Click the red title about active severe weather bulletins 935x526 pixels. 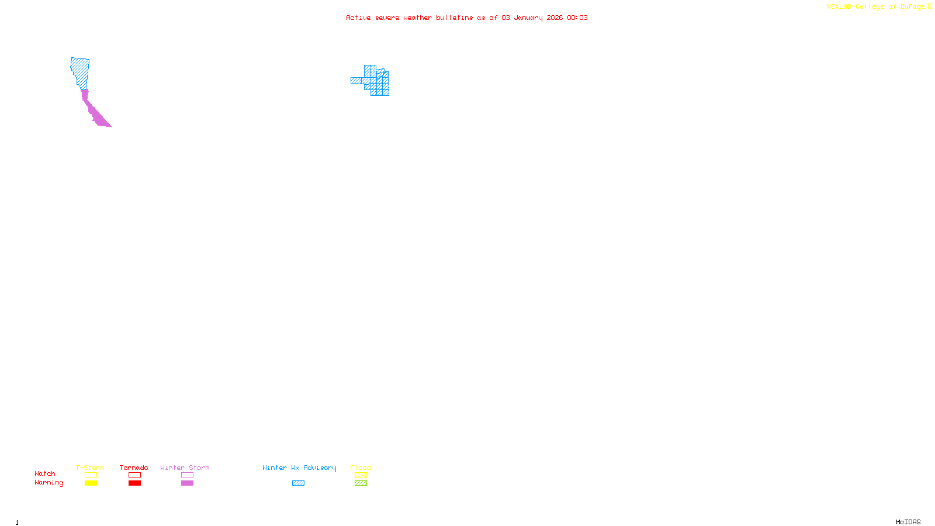pos(466,18)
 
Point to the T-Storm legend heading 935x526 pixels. pos(90,468)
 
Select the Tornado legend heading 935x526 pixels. pos(134,468)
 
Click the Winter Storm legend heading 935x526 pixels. pos(185,468)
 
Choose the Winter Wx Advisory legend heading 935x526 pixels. pos(299,468)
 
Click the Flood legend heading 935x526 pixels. pos(361,468)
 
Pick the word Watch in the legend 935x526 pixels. pos(45,473)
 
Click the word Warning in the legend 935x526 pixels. pos(49,483)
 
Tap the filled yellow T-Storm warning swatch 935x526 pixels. pos(91,483)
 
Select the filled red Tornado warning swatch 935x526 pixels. pos(134,483)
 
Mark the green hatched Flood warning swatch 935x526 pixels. pos(361,483)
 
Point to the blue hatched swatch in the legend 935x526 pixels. pos(298,483)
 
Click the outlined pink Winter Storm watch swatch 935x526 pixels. pos(187,475)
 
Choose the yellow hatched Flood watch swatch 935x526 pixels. pos(361,475)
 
